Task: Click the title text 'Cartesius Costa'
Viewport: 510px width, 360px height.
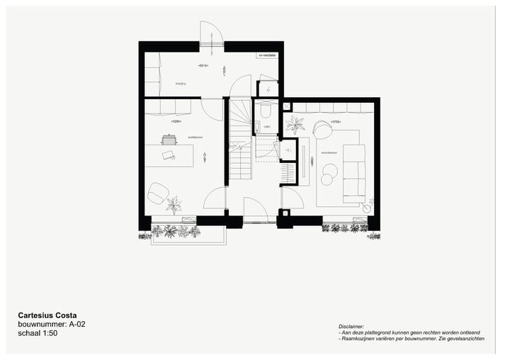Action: click(47, 315)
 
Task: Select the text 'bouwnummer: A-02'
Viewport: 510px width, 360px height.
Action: click(52, 324)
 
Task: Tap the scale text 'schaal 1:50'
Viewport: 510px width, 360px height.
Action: click(38, 332)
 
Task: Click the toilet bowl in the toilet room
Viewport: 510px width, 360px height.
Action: click(266, 111)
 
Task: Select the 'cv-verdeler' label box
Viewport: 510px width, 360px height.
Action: click(267, 55)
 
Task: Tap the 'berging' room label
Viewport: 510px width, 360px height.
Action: click(181, 84)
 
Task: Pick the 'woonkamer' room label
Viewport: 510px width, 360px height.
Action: click(329, 152)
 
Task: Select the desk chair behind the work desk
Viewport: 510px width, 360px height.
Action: click(169, 140)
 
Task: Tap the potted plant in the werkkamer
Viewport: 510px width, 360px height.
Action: click(174, 204)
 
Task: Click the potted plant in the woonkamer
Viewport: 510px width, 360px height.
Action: click(295, 125)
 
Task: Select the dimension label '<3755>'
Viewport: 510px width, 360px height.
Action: click(335, 122)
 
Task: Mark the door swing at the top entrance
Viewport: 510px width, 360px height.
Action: click(211, 34)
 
